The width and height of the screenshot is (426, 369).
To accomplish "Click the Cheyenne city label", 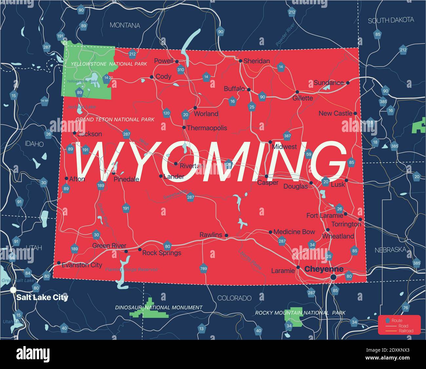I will tap(324, 269).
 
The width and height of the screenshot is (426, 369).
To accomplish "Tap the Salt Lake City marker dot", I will tap(13, 290).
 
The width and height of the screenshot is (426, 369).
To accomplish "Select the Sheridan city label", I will tap(257, 61).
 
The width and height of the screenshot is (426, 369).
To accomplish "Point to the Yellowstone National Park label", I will tap(109, 64).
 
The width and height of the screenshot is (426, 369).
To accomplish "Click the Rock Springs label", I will tap(162, 253).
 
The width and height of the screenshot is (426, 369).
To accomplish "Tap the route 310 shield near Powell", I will tap(181, 69).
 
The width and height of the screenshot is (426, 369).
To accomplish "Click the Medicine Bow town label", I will tap(294, 232).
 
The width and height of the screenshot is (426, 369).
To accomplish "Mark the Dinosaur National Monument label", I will tap(159, 307).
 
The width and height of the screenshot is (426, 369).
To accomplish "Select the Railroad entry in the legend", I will tap(406, 331).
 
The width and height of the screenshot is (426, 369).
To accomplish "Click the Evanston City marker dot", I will tap(59, 263).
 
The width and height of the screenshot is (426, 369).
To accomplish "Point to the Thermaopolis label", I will tap(206, 128).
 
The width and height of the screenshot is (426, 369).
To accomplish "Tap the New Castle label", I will tap(335, 113).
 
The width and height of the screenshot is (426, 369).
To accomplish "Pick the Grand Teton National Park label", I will tap(115, 120).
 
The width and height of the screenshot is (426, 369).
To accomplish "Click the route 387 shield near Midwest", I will tap(287, 136).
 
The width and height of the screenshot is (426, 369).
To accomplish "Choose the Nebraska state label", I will tap(390, 250).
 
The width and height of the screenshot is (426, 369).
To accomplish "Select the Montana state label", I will tap(125, 25).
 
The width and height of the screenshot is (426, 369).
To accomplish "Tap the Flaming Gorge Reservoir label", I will tap(132, 269).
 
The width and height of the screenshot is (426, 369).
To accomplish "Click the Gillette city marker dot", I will tap(297, 92).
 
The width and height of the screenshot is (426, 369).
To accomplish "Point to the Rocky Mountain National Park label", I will tap(300, 313).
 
